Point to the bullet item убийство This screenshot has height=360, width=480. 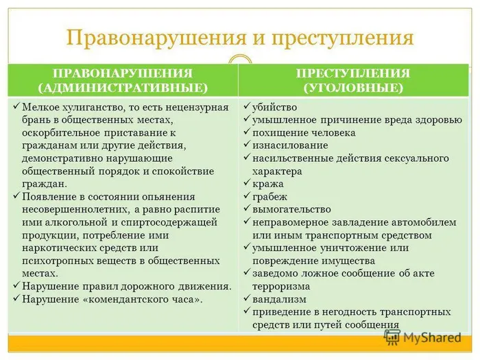(274, 107)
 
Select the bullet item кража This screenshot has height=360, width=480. (268, 184)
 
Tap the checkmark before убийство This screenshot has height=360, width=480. (247, 107)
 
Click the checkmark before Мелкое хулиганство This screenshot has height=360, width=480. (16, 107)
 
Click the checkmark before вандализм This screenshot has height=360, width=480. (247, 299)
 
